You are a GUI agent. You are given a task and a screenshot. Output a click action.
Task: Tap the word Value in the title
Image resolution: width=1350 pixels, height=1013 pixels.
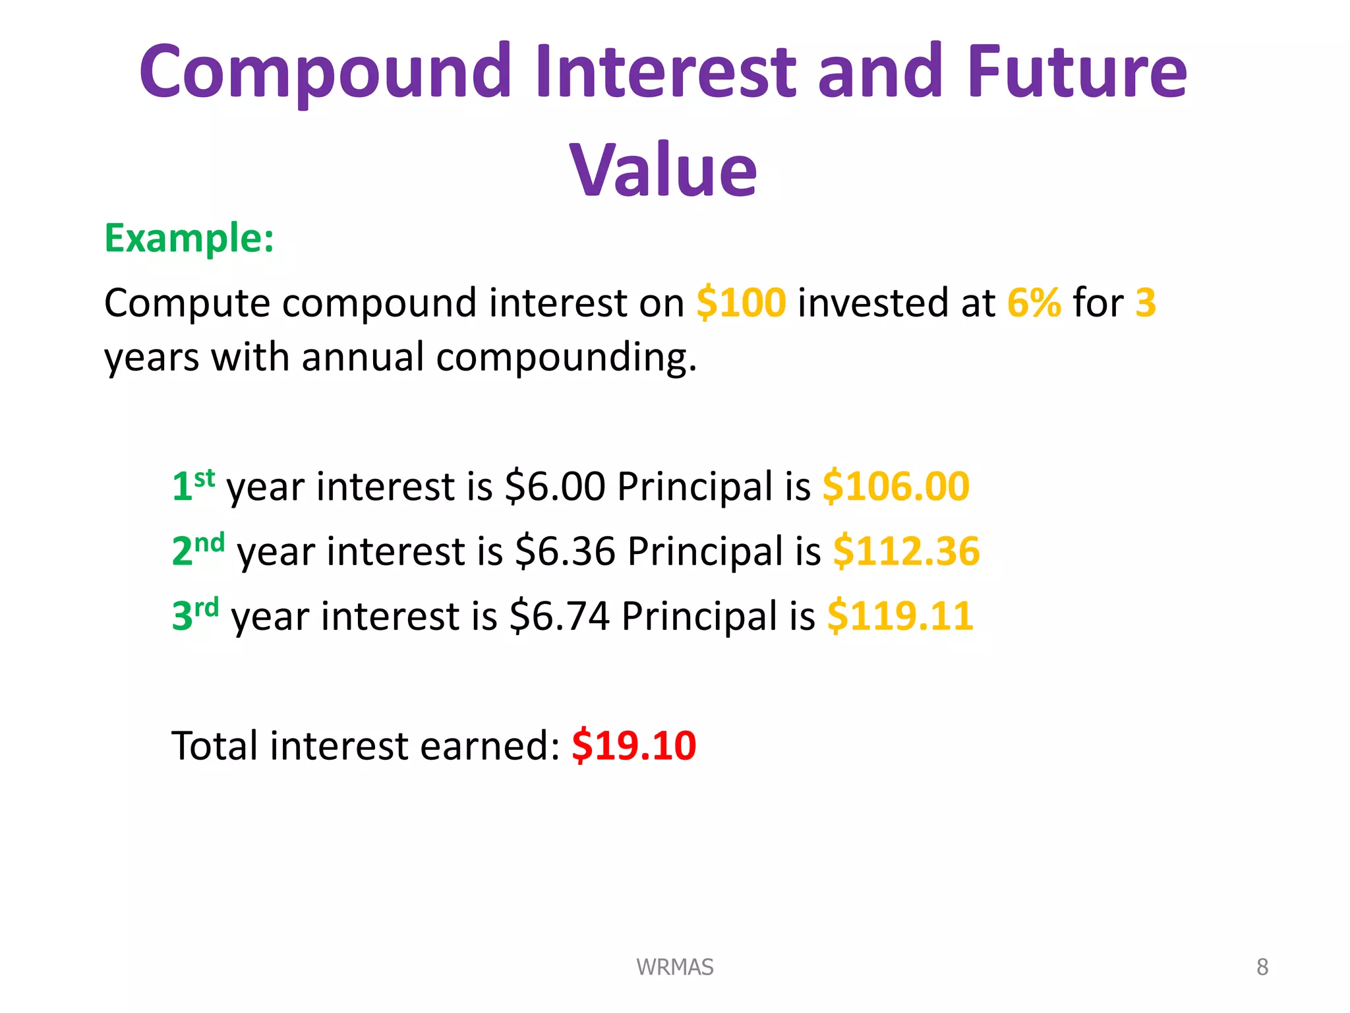coord(663,170)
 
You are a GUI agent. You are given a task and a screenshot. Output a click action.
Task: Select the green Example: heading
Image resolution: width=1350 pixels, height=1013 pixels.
coord(189,238)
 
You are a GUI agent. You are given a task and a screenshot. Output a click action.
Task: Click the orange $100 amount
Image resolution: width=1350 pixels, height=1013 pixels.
coord(741,303)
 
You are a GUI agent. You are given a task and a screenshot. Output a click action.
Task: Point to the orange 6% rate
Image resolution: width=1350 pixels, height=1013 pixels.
coord(1034,303)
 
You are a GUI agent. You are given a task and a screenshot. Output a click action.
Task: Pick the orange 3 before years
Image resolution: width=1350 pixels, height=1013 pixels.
coord(1146,303)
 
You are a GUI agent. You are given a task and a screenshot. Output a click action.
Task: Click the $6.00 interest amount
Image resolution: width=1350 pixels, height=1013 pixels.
coord(554,487)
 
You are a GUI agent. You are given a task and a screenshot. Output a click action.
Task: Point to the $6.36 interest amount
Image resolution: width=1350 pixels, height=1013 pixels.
coord(565,551)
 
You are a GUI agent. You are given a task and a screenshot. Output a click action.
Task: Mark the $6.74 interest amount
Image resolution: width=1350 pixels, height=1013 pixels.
coord(560,616)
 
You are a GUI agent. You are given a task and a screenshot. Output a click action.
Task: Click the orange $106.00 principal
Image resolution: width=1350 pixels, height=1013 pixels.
coord(896,487)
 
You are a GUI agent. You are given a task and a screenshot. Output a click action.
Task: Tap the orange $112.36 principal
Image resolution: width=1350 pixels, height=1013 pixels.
coord(906,551)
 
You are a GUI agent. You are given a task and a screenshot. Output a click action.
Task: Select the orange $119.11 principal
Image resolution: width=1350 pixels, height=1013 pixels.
coord(900,616)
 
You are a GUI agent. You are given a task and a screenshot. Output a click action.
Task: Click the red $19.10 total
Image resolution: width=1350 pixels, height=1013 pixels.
coord(633,746)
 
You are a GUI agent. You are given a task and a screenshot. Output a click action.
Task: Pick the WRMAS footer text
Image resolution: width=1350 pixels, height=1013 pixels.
coord(674,967)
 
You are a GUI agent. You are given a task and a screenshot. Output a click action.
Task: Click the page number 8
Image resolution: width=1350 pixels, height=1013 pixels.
coord(1262,967)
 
